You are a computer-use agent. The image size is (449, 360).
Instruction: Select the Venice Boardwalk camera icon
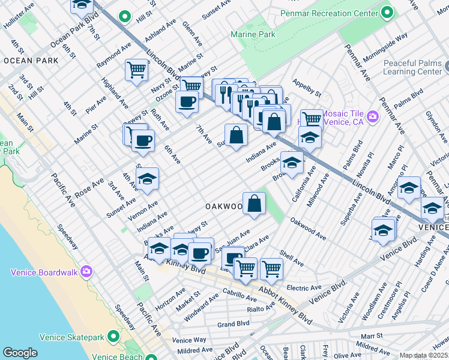click(x=86, y=272)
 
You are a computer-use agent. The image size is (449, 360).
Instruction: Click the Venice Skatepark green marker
click(x=111, y=337)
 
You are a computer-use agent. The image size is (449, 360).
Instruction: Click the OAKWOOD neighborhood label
click(x=223, y=206)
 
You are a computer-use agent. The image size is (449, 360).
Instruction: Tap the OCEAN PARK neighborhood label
click(x=31, y=61)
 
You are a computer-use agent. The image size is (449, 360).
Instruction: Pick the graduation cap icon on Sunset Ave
click(x=147, y=178)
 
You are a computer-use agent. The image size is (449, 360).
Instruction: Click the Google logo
click(x=20, y=353)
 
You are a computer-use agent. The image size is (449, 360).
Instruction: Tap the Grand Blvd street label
click(x=233, y=324)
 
